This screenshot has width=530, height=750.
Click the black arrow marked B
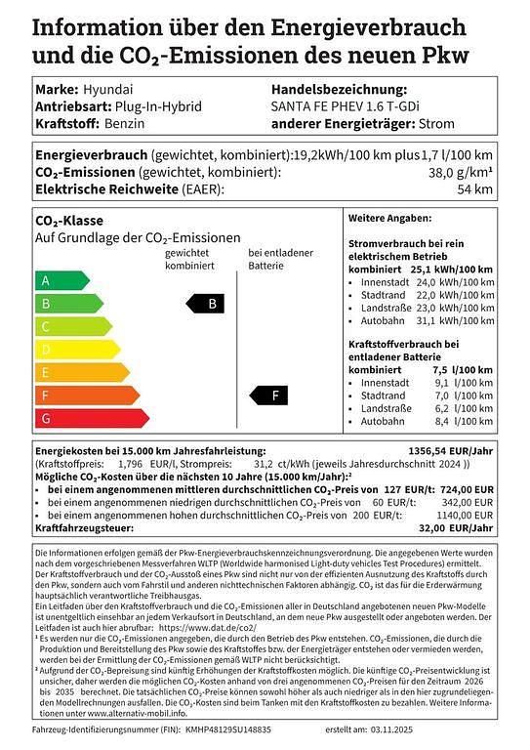pyautogui.click(x=209, y=304)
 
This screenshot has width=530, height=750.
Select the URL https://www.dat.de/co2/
pyautogui.click(x=207, y=629)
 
